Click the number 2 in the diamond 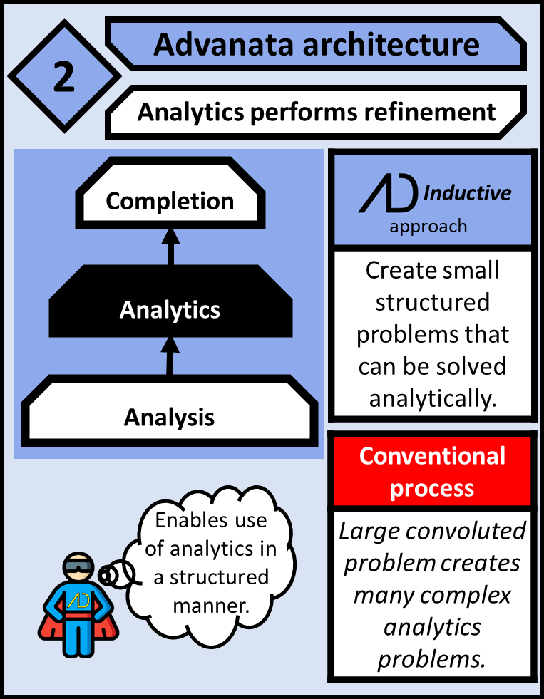tap(63, 78)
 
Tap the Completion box tap(170, 201)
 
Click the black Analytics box tap(170, 310)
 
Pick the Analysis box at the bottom tap(169, 417)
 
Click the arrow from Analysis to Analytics tap(170, 356)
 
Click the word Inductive tap(467, 193)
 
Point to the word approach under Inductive tap(428, 227)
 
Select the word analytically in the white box tap(432, 398)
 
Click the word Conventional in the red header tap(432, 456)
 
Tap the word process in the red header tap(432, 488)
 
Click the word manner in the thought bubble tap(210, 606)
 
